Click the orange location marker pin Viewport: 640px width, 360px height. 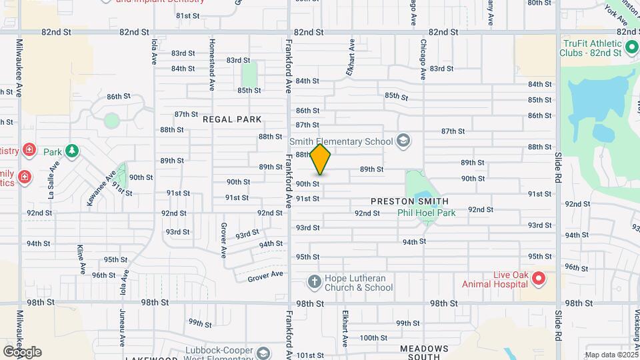(321, 160)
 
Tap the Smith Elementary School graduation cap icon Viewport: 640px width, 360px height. (403, 141)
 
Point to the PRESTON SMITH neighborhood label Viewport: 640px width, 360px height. (409, 201)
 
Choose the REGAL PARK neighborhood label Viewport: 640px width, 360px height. (233, 119)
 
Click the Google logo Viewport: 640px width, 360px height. (22, 351)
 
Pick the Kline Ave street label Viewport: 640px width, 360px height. (81, 259)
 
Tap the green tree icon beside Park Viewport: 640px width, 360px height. (72, 151)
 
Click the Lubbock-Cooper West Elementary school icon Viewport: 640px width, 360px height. (263, 353)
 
